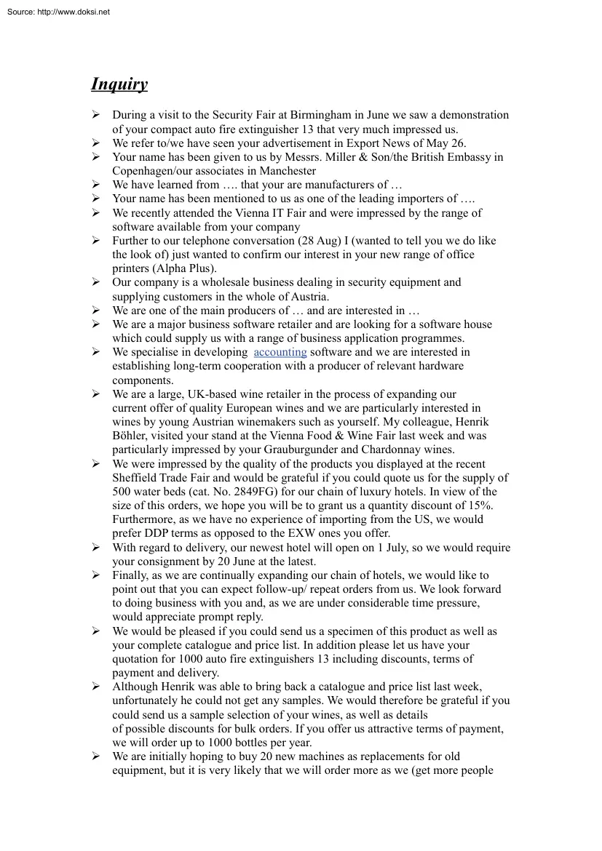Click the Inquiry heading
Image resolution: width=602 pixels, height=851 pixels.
[x=119, y=84]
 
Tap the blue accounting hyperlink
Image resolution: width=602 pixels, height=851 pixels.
[x=280, y=352]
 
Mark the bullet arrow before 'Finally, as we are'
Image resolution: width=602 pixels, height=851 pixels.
[x=95, y=575]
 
